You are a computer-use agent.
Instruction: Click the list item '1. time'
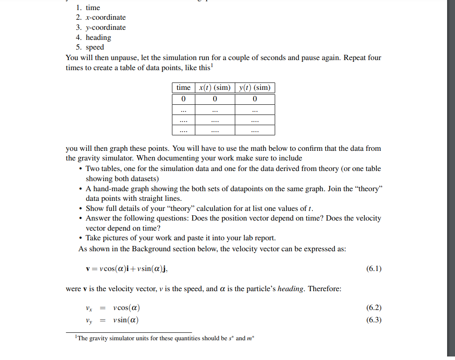[88, 7]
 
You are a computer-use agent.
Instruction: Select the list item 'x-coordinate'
[100, 18]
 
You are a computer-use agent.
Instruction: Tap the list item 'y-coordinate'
[100, 28]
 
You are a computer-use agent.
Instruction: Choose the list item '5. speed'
[90, 47]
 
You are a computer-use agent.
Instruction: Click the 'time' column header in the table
[183, 88]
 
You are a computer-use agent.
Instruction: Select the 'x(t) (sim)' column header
[215, 88]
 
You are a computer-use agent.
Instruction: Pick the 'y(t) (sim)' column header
[254, 88]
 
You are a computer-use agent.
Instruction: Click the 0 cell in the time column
[183, 99]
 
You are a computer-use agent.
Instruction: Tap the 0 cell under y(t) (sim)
[254, 99]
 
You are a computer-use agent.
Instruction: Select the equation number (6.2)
[373, 308]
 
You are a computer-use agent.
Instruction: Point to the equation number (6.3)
[373, 320]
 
